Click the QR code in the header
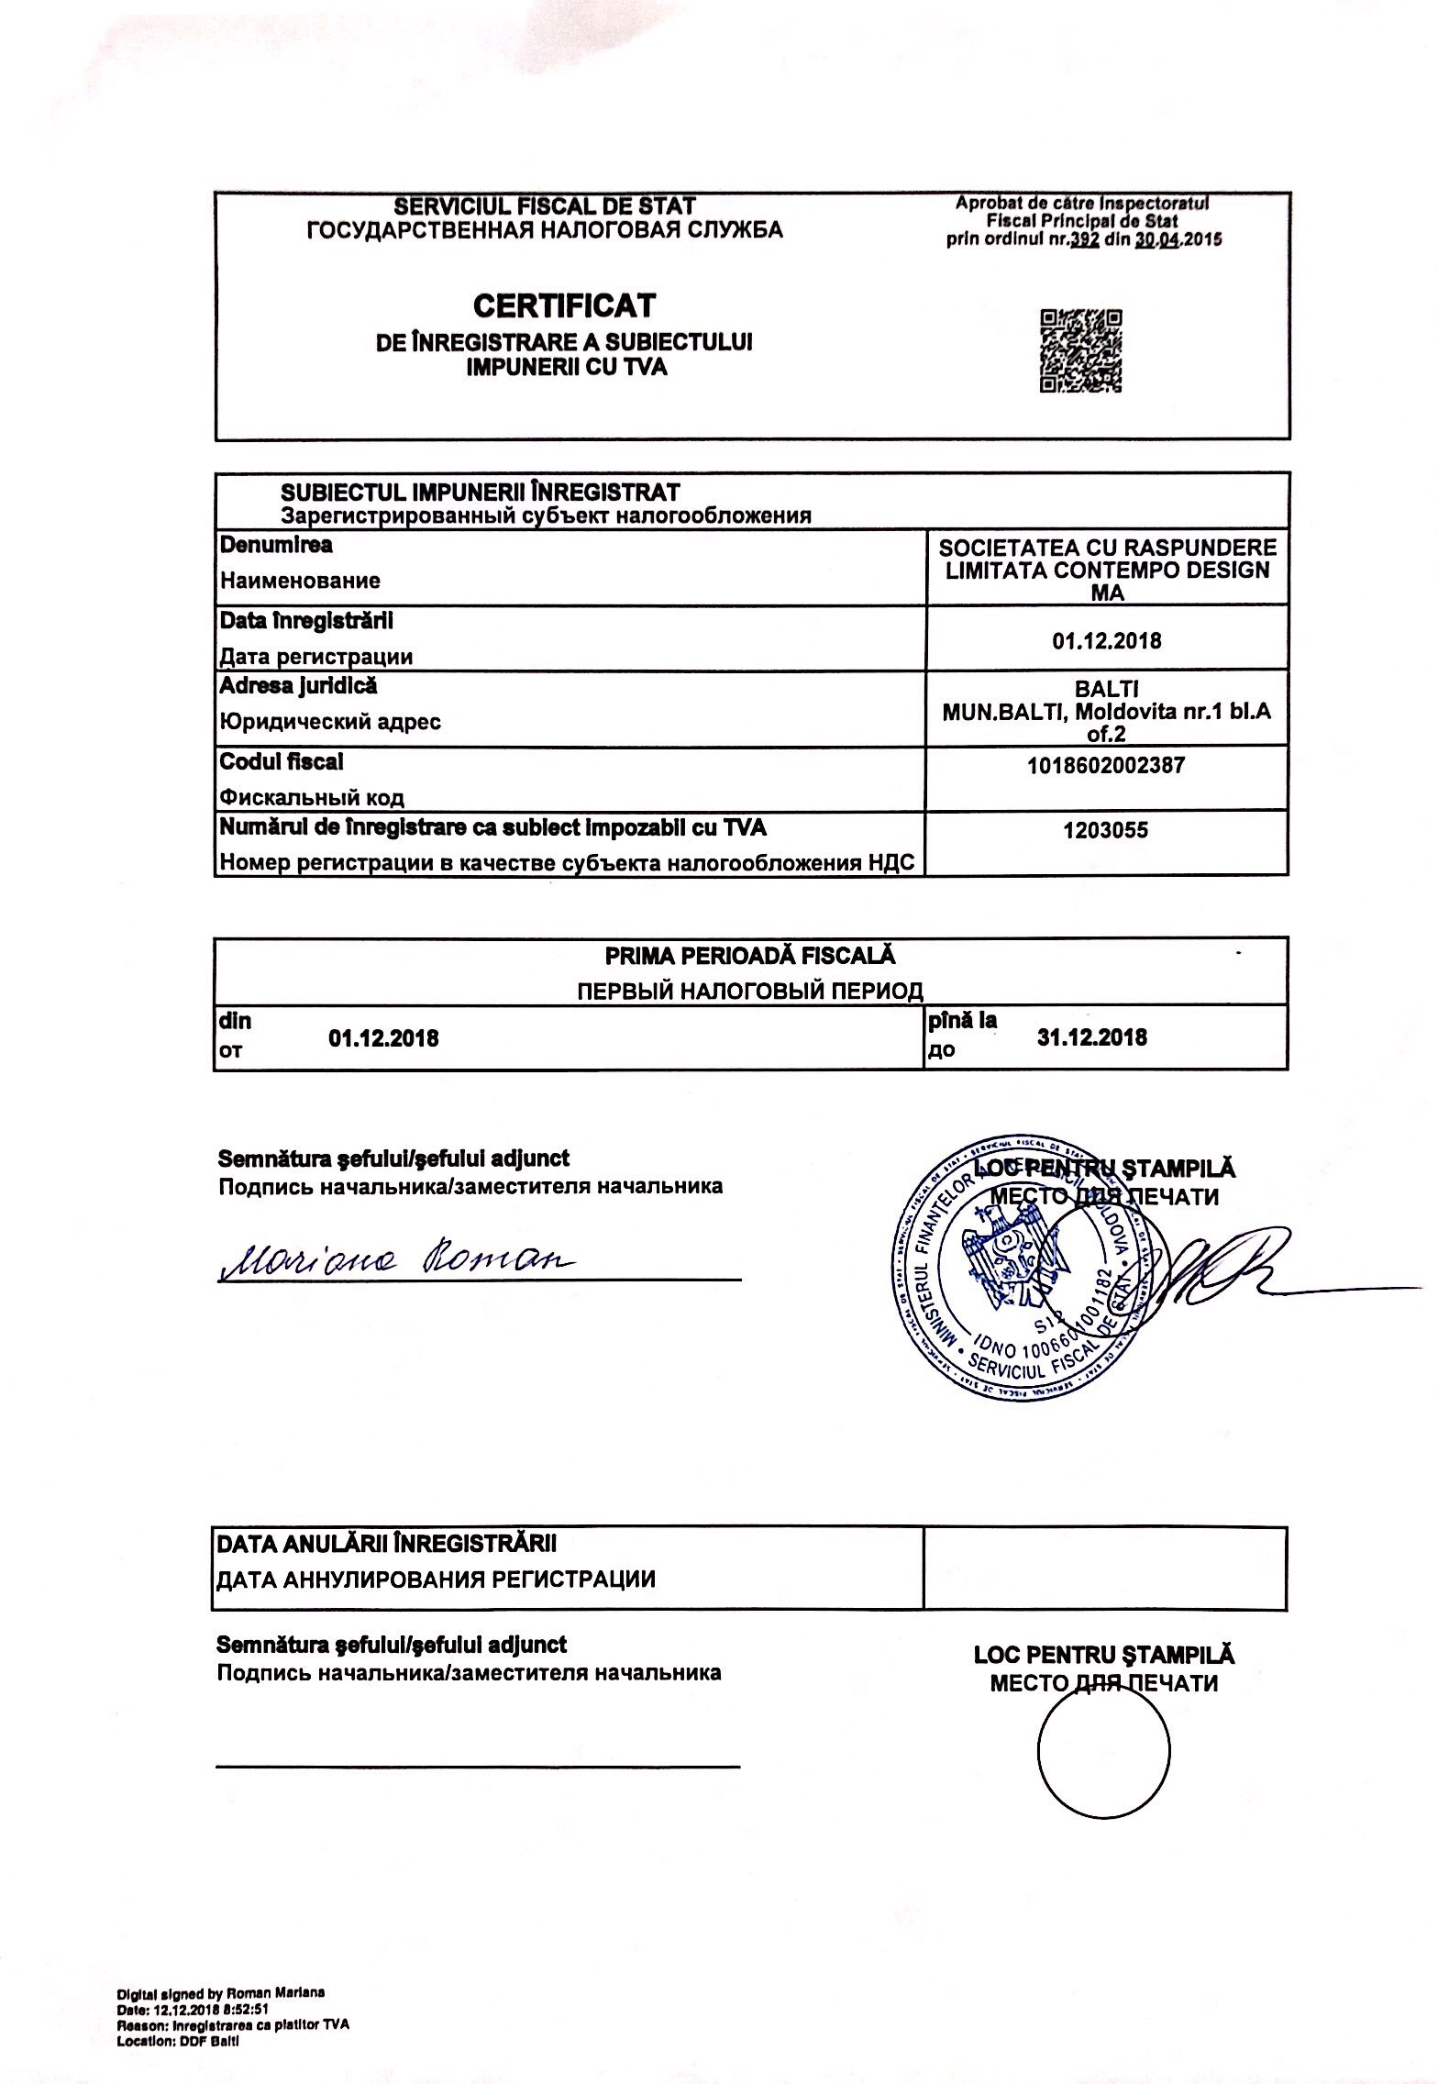(1081, 351)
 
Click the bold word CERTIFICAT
(564, 305)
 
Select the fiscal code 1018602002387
(1107, 765)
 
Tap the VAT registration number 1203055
(1108, 831)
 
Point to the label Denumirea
(276, 545)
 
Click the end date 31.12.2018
(1091, 1037)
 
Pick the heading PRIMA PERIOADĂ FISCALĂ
(750, 956)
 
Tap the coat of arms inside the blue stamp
(1007, 1258)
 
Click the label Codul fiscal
(282, 761)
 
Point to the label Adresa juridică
(298, 686)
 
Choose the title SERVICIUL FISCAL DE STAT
(545, 206)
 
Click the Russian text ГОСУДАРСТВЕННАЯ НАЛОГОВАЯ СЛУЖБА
(545, 230)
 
